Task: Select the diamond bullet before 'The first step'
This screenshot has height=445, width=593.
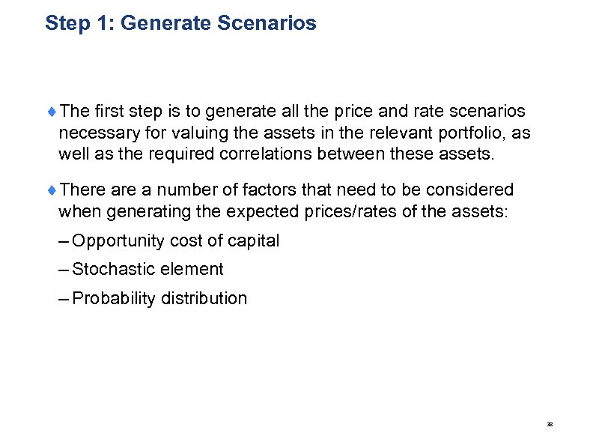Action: (51, 112)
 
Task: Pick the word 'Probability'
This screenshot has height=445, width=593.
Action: (112, 299)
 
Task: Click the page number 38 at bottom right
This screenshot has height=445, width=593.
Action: (550, 424)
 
